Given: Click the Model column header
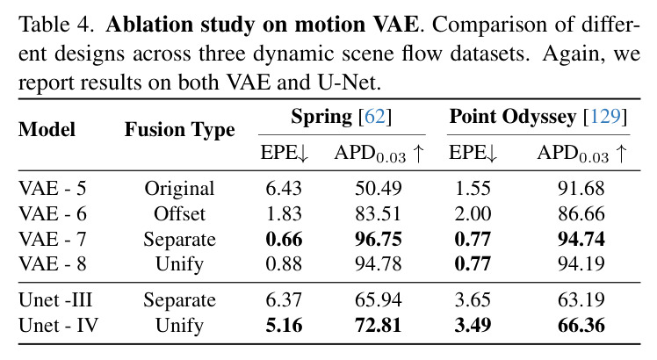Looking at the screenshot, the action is click(47, 129).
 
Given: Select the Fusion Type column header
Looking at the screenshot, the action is click(180, 129).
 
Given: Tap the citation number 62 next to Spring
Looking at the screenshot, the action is click(375, 117).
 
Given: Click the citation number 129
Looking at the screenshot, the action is click(605, 117).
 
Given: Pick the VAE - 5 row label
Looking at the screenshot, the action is click(53, 188).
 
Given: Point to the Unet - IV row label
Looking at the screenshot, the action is click(58, 325).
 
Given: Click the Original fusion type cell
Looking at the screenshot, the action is click(179, 189).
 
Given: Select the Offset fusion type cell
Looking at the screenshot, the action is click(179, 213).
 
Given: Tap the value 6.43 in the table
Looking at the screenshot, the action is click(284, 188).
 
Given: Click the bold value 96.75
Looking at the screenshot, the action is click(379, 239).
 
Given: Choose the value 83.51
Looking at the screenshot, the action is click(378, 213).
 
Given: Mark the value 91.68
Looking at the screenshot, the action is click(581, 188).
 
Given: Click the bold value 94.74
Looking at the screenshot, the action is click(581, 239).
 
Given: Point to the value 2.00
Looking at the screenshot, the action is click(473, 213).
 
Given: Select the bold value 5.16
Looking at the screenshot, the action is click(284, 325).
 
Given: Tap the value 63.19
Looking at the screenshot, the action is click(581, 300).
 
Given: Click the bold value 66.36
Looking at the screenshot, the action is click(581, 325).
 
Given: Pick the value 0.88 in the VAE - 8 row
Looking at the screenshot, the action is click(284, 263).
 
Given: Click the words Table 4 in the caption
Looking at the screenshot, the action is click(56, 25).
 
